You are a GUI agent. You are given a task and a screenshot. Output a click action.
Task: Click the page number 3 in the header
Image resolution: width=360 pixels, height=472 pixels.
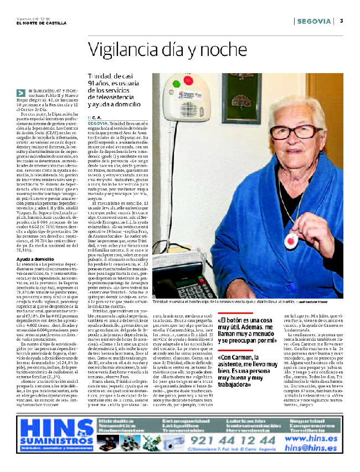pyautogui.click(x=342, y=21)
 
